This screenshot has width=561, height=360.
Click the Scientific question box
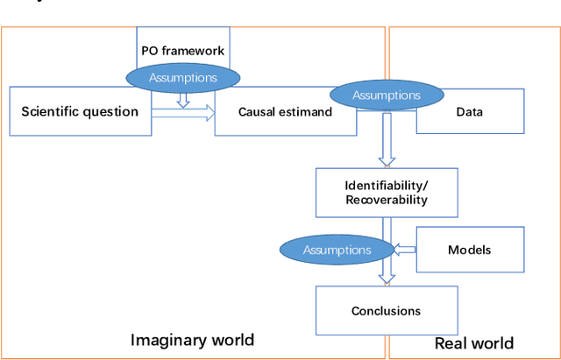point(80,111)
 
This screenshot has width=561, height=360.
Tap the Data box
point(470,113)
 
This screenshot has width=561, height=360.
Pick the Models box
point(469,250)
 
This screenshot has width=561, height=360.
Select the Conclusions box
point(386,310)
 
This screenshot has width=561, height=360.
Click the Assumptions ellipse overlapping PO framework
point(182,77)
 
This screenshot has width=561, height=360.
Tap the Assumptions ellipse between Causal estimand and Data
point(386,95)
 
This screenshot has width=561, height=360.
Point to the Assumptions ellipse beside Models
point(337,250)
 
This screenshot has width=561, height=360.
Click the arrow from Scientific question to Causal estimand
point(183,112)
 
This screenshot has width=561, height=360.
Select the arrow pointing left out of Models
point(404,250)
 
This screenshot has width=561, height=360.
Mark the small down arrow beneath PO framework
point(182,100)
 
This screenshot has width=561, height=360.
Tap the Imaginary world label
point(192,340)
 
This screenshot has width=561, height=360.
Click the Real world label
point(474,342)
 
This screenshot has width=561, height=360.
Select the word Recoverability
point(387,200)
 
